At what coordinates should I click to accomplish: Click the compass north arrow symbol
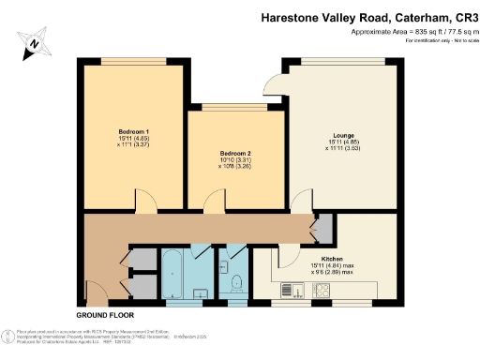[x=34, y=40]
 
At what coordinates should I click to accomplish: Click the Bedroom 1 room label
[x=134, y=129]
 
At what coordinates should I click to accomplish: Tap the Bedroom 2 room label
[x=235, y=153]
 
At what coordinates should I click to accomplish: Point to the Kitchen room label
[x=335, y=258]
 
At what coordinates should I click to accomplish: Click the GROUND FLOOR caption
[x=104, y=315]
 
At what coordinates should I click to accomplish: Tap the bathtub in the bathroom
[x=174, y=273]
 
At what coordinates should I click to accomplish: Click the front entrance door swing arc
[x=96, y=292]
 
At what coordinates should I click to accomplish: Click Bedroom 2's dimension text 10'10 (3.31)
[x=235, y=161]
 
